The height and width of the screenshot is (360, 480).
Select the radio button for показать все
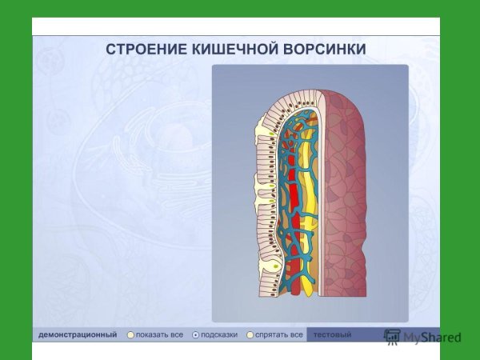tap(130, 334)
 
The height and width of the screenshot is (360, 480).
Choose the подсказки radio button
tap(195, 334)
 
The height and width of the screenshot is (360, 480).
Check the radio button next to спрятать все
tap(250, 334)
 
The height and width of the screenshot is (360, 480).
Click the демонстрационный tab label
tap(78, 334)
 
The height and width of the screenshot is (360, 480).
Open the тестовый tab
tap(332, 334)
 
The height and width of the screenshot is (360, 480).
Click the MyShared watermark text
tap(432, 338)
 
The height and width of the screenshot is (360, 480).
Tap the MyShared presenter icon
tap(392, 337)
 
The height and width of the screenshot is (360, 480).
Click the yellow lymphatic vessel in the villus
tap(308, 200)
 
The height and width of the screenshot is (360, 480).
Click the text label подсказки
tap(219, 334)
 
